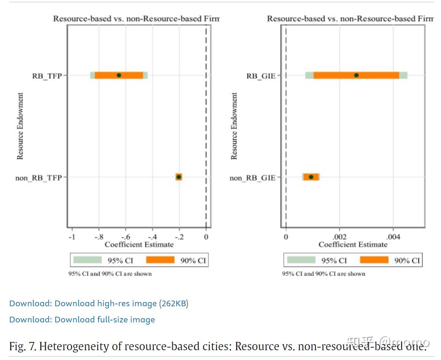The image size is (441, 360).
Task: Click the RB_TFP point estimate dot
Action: (119, 75)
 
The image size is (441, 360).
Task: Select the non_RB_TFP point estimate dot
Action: (179, 177)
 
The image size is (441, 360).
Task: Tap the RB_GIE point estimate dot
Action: (356, 75)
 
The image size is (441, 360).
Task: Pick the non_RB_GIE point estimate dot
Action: (311, 177)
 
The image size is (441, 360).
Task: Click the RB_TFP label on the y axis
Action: (47, 76)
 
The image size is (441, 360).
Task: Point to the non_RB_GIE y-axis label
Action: (252, 178)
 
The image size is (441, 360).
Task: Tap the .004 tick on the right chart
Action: (393, 237)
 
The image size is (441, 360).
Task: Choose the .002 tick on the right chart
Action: (339, 237)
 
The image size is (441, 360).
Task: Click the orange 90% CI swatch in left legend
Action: (160, 260)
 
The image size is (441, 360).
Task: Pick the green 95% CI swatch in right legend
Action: (301, 260)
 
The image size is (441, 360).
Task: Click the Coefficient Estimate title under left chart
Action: (139, 245)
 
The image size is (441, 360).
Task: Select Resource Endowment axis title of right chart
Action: (234, 126)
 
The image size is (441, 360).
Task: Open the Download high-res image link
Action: (99, 303)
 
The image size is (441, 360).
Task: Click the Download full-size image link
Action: (82, 320)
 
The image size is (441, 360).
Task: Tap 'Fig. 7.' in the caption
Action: (23, 346)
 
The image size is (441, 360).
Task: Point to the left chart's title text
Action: (136, 18)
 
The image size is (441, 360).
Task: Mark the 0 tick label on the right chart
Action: (286, 237)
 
